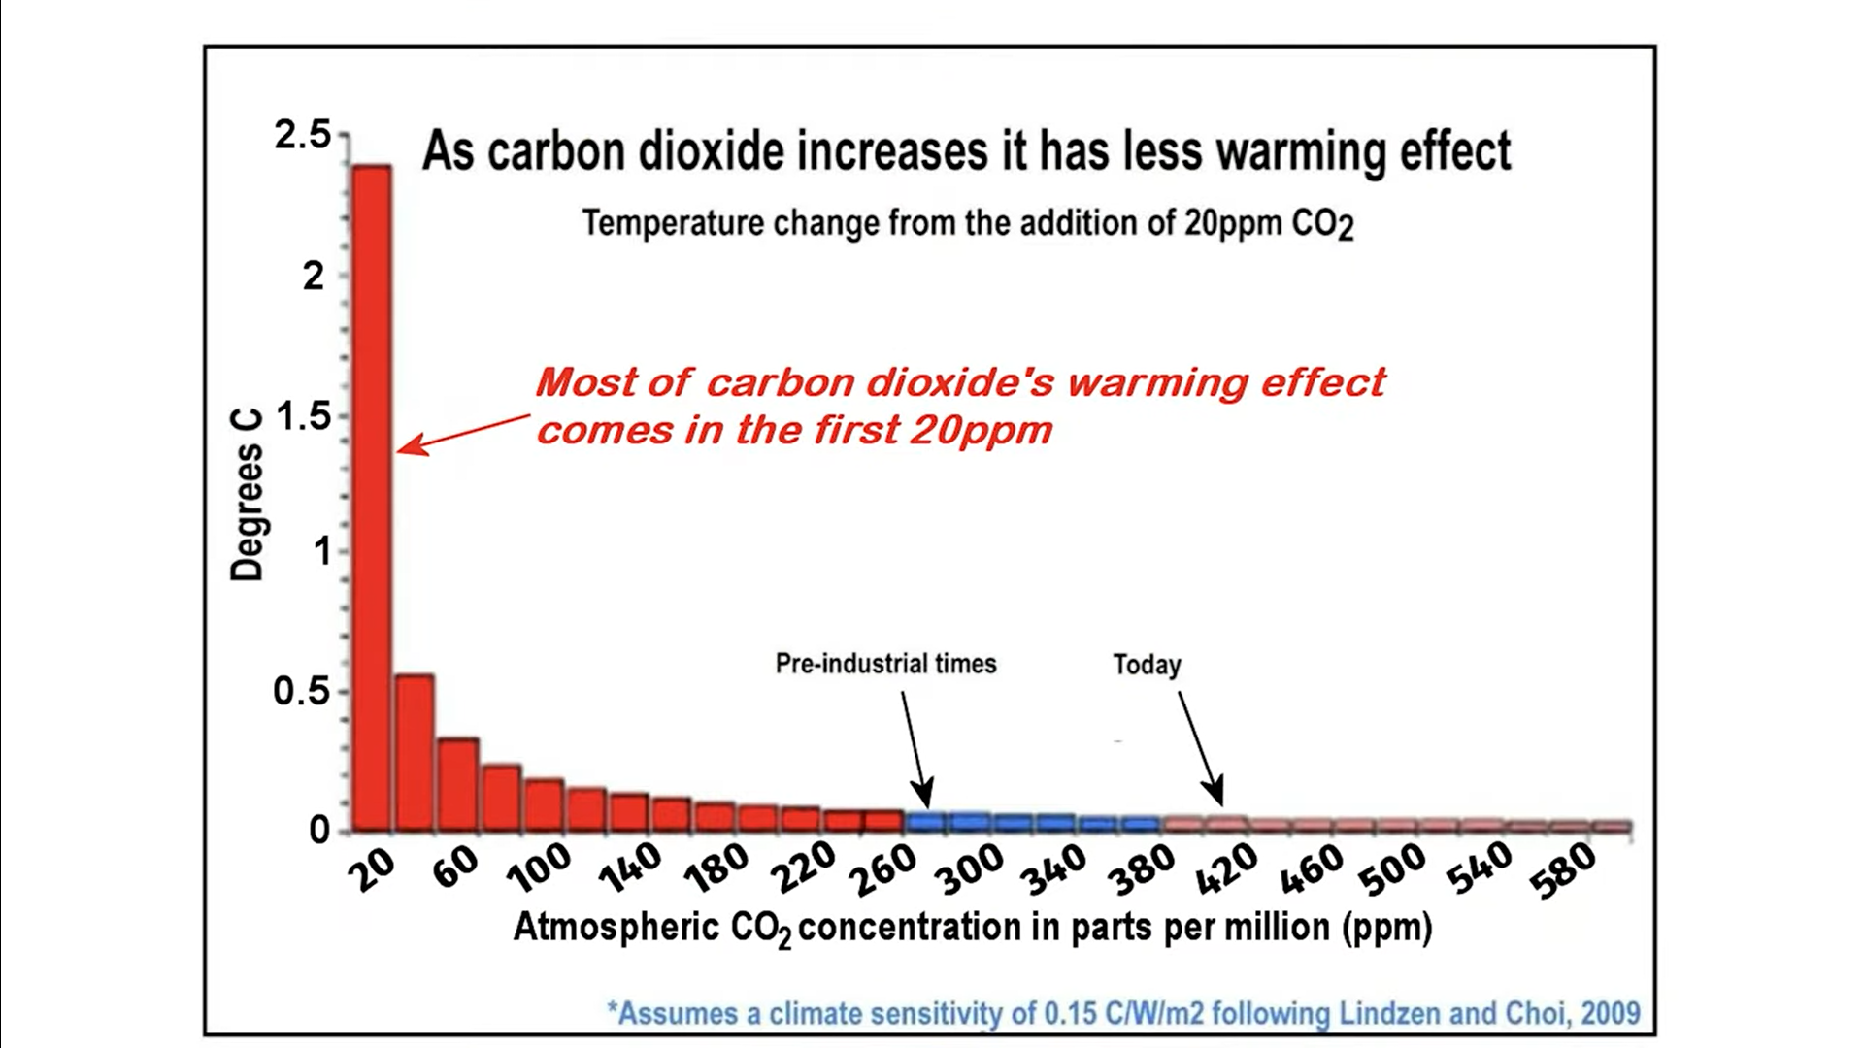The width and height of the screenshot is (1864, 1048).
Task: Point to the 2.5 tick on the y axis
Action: (303, 135)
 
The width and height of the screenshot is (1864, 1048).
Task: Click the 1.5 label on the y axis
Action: (303, 416)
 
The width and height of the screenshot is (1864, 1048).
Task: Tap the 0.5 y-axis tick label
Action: (301, 692)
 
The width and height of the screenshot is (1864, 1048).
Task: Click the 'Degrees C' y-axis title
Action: (247, 512)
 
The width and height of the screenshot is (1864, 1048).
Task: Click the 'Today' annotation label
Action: (1147, 665)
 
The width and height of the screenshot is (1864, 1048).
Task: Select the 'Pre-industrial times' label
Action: (885, 664)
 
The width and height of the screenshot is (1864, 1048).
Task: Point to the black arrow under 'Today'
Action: (1200, 746)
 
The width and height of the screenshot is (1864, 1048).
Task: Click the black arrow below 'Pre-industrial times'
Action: (915, 747)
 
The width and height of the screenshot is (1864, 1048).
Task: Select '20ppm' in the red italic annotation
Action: (981, 430)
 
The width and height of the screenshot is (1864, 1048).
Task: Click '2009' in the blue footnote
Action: (1610, 1013)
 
